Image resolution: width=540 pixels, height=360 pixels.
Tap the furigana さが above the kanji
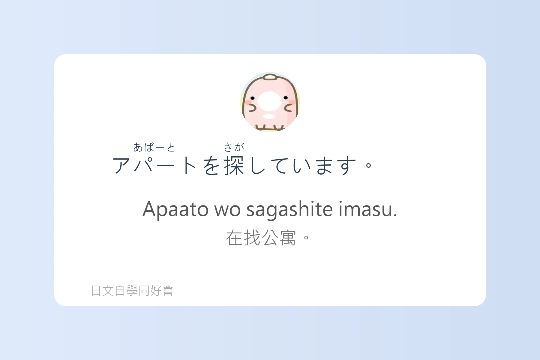234,147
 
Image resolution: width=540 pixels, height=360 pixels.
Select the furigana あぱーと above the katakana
154,147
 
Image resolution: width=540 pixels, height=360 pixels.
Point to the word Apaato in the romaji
175,209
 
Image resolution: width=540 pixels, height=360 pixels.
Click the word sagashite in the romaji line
289,209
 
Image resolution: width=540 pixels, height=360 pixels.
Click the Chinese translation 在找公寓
261,238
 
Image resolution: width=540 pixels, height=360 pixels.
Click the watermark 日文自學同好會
132,290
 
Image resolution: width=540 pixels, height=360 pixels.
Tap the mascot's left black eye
253,98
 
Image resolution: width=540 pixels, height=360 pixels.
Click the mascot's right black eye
286,98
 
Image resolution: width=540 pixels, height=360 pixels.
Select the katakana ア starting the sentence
121,166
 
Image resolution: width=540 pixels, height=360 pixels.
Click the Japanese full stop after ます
369,165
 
